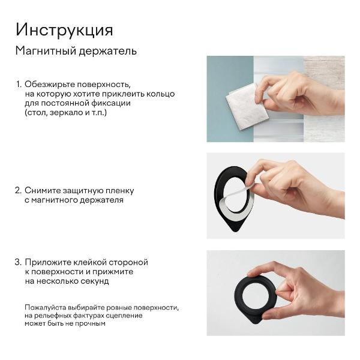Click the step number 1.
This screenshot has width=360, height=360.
coord(18,85)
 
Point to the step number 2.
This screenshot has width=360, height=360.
coord(18,191)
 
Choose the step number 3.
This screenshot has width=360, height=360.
coord(18,262)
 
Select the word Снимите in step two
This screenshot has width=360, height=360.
coord(43,191)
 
